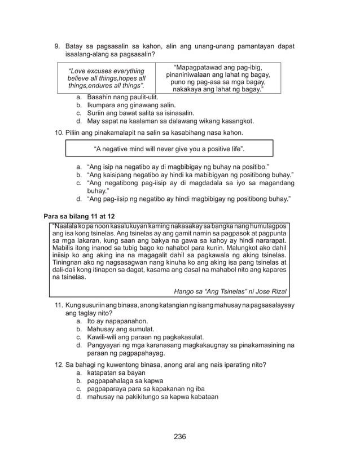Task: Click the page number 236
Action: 179,436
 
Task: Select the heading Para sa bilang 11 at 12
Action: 79,216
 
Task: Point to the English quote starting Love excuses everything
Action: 106,78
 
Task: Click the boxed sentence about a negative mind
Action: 169,149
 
